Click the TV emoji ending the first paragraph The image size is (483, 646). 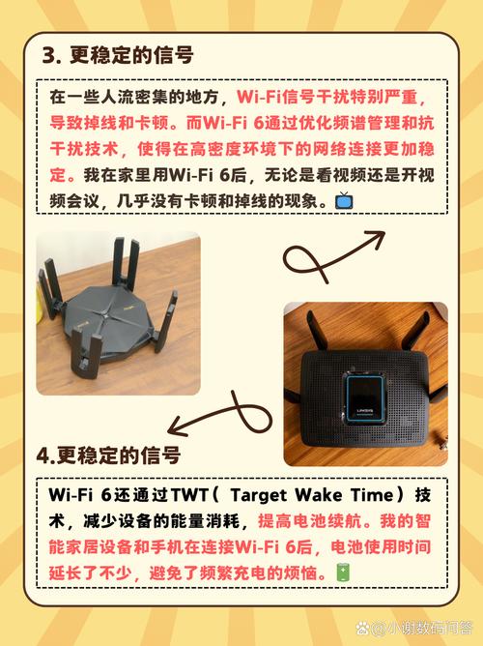click(x=343, y=201)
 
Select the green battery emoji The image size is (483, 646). click(x=343, y=573)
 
